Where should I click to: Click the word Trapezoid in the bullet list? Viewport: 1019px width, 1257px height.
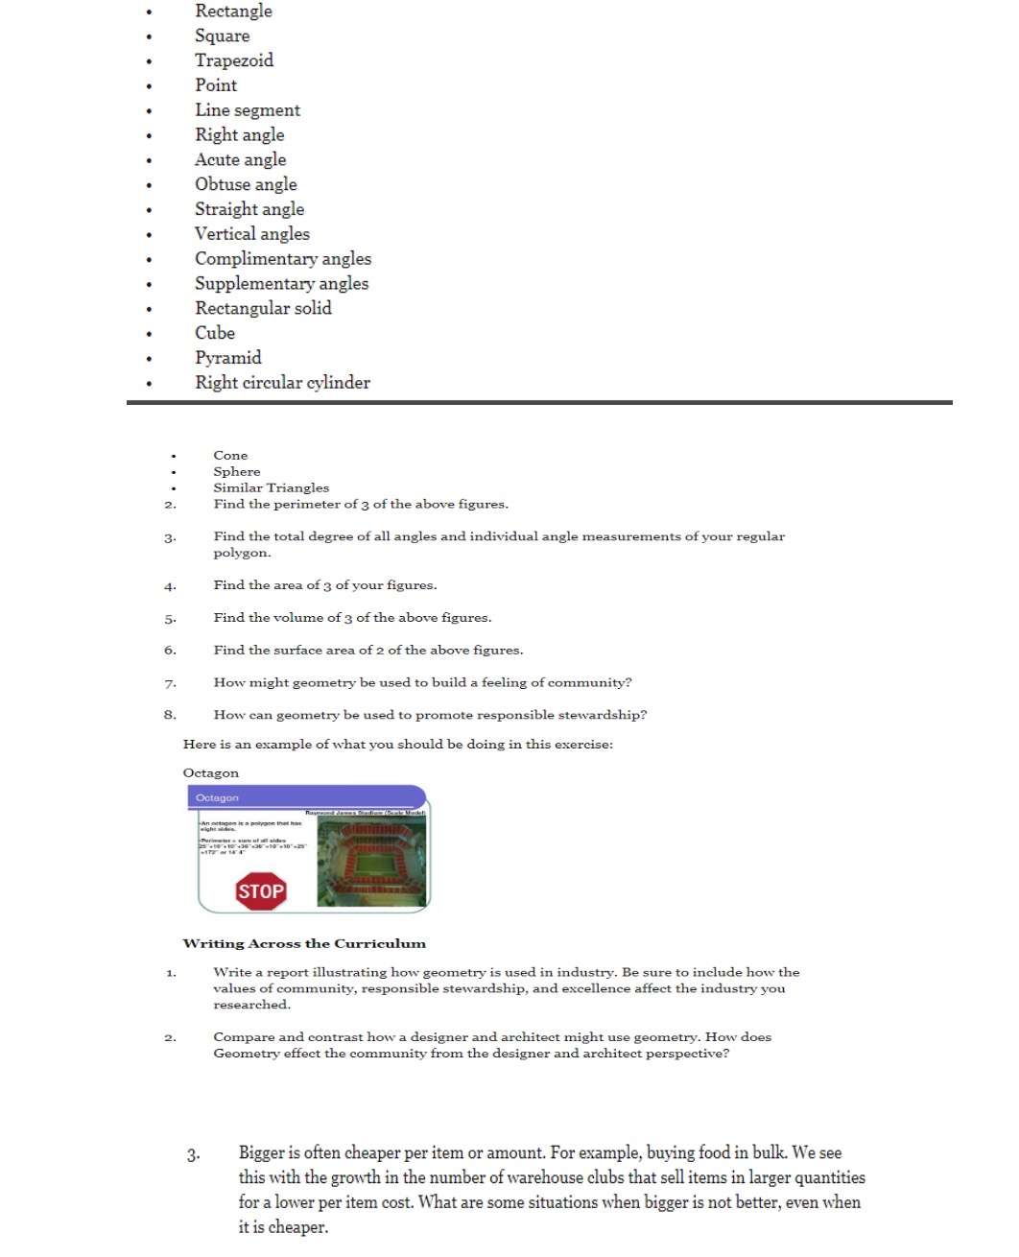coord(234,60)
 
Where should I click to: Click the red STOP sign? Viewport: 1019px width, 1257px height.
coord(261,891)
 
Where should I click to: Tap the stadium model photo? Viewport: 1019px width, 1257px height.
coord(370,862)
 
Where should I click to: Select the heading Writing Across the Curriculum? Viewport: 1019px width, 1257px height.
coord(304,943)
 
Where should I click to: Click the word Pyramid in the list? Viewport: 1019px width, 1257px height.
coord(228,358)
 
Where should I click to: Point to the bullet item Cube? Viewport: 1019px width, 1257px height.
coord(215,333)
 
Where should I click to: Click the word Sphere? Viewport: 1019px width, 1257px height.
coord(237,472)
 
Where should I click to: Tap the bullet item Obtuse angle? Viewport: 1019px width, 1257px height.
coord(246,184)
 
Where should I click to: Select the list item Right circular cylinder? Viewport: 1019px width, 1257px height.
coord(282,383)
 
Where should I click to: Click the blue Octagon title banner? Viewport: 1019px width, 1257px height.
coord(305,797)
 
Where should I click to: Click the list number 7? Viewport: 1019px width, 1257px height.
coord(170,684)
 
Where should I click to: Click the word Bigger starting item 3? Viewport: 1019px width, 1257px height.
coord(262,1153)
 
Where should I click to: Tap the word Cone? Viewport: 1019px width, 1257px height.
coord(230,456)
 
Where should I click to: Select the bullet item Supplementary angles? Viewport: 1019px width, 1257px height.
coord(281,284)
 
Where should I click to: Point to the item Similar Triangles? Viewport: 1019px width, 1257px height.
coord(271,488)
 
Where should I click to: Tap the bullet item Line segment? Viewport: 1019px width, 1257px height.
coord(248,110)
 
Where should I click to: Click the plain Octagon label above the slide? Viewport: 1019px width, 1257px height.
coord(211,773)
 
